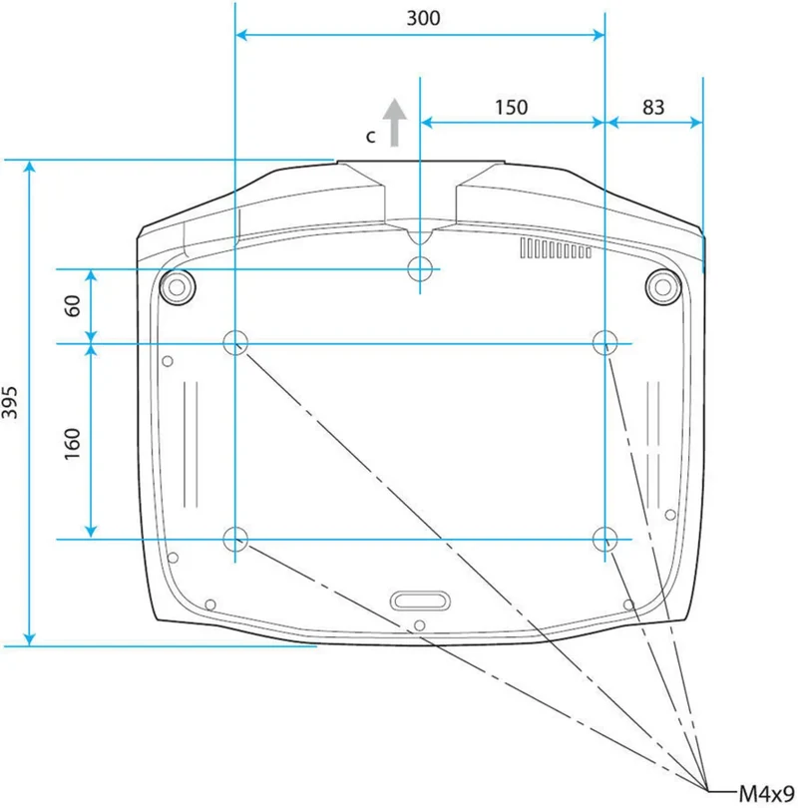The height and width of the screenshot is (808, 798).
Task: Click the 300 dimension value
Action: tap(423, 18)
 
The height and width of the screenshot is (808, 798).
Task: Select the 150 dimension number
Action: tap(511, 107)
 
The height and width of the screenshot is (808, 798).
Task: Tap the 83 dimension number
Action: tap(653, 107)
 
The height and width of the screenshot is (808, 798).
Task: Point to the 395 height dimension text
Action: tap(9, 402)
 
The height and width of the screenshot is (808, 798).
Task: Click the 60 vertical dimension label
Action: tap(73, 305)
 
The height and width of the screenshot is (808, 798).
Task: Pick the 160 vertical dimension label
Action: tap(73, 444)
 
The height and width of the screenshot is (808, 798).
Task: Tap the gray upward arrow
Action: tap(395, 122)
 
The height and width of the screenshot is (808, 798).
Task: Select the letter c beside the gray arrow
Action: tap(370, 137)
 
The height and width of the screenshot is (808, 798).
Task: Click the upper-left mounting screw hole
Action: tap(235, 342)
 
